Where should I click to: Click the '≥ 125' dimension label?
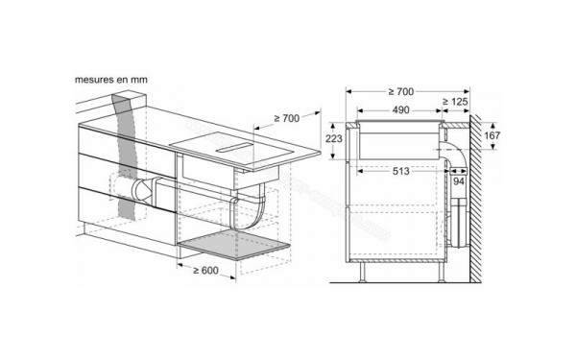[x=455, y=102]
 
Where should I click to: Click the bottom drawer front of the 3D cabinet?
[x=125, y=206]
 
